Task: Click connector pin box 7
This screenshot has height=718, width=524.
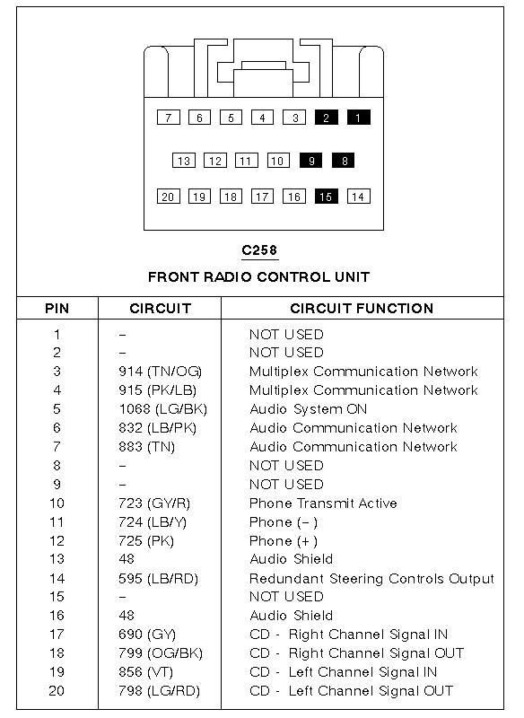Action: pos(169,118)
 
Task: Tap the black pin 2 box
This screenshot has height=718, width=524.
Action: pos(327,118)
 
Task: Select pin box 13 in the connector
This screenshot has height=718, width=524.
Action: pos(184,161)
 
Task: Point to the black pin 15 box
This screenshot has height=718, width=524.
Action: pos(327,197)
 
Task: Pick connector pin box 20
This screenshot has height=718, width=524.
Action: pos(168,197)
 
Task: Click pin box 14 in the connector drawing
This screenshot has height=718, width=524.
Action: pos(358,197)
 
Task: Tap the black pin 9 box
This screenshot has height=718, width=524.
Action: pos(311,161)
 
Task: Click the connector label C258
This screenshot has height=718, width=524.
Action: pos(259,250)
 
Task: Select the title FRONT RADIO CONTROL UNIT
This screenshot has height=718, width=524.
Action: pos(259,277)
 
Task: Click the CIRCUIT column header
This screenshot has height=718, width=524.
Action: pos(161,308)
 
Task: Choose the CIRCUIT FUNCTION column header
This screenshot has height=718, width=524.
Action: pos(362,308)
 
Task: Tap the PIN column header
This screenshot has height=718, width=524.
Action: pos(57,308)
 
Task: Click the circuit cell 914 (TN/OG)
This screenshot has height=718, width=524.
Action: pos(161,372)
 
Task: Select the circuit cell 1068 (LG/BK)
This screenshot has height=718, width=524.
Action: pos(163,409)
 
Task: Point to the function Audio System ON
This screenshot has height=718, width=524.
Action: pos(309,409)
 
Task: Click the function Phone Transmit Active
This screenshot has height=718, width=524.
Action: pos(323,503)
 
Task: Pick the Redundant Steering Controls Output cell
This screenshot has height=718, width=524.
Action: pos(371,579)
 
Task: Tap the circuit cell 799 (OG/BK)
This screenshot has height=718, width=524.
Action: pos(161,653)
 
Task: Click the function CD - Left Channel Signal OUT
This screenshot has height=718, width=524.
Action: pos(352,691)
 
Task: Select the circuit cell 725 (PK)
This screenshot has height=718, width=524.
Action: pos(146,541)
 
